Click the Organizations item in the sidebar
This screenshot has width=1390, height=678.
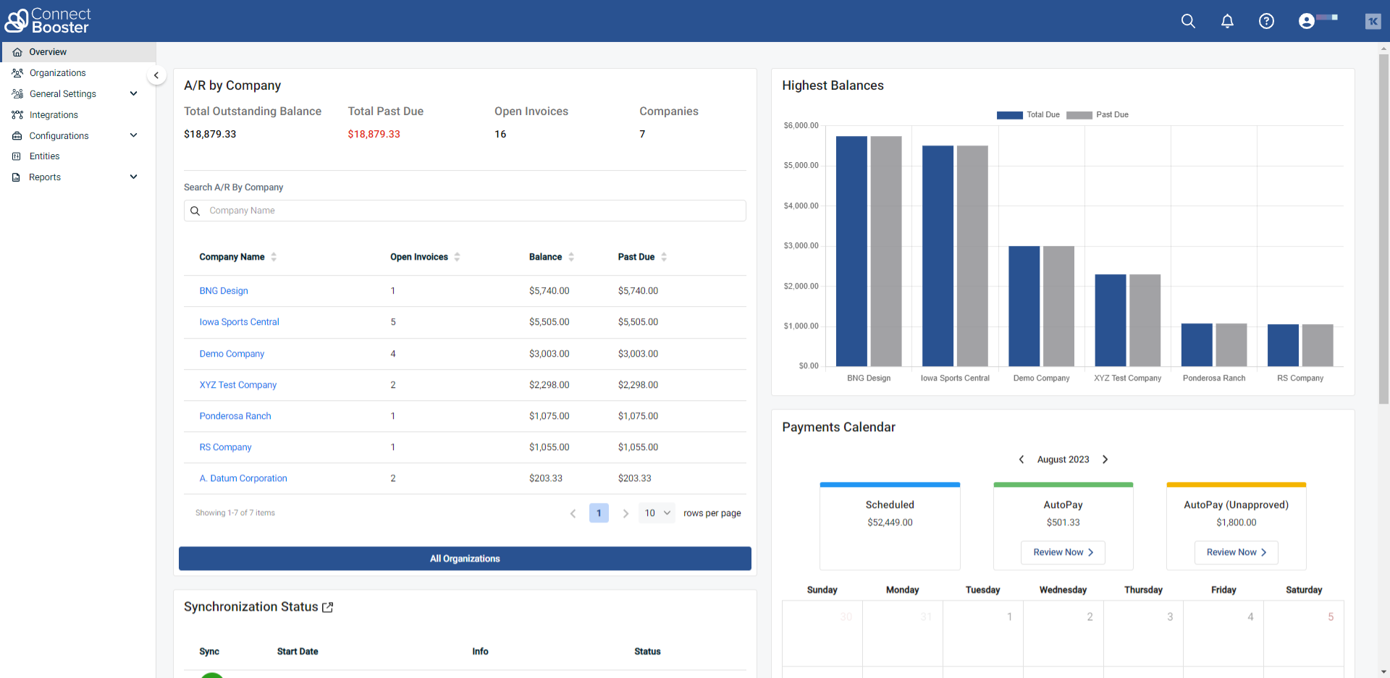pyautogui.click(x=57, y=73)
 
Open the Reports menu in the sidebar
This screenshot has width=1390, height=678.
pyautogui.click(x=45, y=177)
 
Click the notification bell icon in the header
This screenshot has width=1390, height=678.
pyautogui.click(x=1227, y=21)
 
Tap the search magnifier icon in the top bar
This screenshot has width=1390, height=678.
pyautogui.click(x=1188, y=21)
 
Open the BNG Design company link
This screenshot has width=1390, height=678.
pyautogui.click(x=224, y=291)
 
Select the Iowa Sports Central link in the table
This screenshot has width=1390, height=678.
pyautogui.click(x=239, y=322)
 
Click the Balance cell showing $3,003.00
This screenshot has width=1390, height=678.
pyautogui.click(x=549, y=354)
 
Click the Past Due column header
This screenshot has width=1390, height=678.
pyautogui.click(x=636, y=257)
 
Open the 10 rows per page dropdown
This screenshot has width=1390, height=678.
pyautogui.click(x=657, y=513)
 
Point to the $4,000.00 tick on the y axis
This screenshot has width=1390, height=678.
pyautogui.click(x=801, y=206)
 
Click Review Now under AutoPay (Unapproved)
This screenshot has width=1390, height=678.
pyautogui.click(x=1236, y=552)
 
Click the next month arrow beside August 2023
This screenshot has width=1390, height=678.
pyautogui.click(x=1105, y=459)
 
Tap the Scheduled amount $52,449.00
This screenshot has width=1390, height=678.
pyautogui.click(x=890, y=522)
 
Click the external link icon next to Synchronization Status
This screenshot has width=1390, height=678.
pyautogui.click(x=328, y=607)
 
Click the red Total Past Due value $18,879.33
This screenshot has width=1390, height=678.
pyautogui.click(x=374, y=134)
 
